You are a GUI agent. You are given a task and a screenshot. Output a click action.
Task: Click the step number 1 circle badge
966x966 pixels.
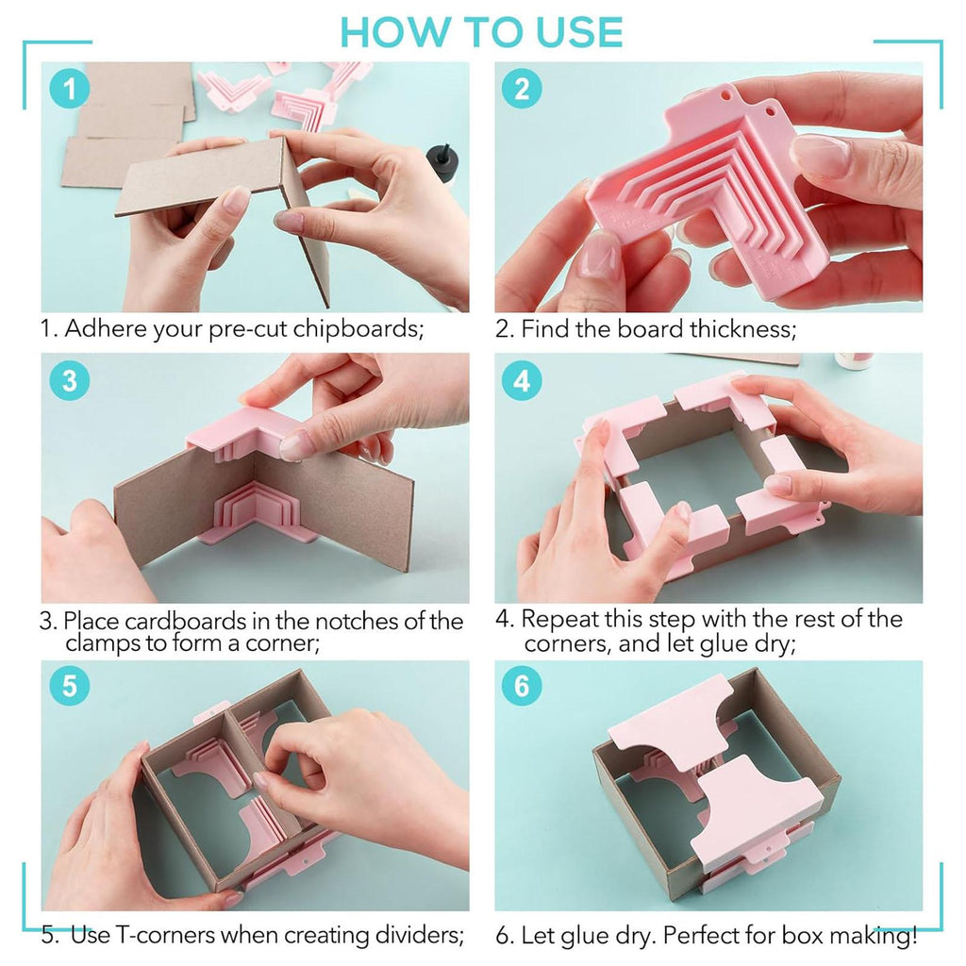click(x=70, y=89)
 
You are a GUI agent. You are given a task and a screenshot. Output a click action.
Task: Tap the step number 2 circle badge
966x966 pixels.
click(x=522, y=89)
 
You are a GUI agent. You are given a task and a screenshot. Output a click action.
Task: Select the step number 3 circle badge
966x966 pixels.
click(x=70, y=380)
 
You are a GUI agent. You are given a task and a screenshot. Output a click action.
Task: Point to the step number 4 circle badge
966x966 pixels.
click(x=522, y=380)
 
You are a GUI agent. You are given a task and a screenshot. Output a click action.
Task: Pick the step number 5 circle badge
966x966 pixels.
click(x=70, y=686)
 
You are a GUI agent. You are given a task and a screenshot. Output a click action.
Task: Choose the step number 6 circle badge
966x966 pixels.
click(x=522, y=686)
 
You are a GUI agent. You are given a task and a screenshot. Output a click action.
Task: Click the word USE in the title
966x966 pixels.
click(x=579, y=32)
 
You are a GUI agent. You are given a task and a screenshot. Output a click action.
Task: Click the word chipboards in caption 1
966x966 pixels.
click(x=358, y=329)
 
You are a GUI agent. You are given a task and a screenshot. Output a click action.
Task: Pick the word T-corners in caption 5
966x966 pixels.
click(x=165, y=935)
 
